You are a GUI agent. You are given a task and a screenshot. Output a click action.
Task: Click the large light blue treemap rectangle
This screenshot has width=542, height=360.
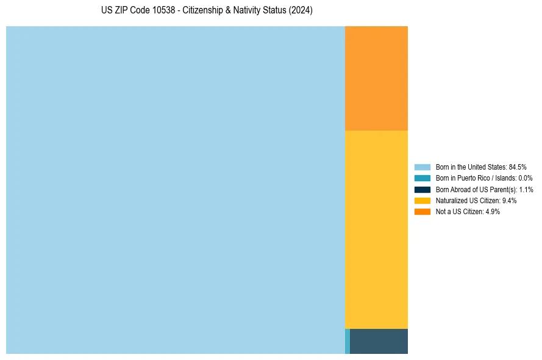tap(176, 190)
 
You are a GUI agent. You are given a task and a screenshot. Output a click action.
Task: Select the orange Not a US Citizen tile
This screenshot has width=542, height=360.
tap(376, 78)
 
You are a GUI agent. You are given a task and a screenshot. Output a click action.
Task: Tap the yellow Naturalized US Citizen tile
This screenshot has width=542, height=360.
tap(376, 229)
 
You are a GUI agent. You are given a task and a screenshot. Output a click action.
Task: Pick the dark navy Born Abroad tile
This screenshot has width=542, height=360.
tap(379, 341)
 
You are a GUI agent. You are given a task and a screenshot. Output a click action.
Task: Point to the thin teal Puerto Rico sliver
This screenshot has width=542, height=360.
tap(348, 341)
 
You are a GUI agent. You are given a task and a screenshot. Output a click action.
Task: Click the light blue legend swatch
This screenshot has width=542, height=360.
tap(423, 167)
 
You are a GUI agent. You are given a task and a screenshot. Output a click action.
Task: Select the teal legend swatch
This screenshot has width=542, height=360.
tap(423, 178)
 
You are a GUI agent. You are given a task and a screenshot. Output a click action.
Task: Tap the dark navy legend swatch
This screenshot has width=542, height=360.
tap(423, 189)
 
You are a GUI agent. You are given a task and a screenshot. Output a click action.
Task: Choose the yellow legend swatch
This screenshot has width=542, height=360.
tap(423, 200)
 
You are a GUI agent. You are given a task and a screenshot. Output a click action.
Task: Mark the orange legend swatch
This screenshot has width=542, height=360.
tap(423, 212)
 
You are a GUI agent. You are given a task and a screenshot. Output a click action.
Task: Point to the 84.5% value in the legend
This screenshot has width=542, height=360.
tap(518, 167)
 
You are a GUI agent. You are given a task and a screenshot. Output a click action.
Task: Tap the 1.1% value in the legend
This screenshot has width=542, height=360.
tap(526, 189)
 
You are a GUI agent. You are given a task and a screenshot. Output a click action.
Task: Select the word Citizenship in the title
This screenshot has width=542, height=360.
tap(205, 11)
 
